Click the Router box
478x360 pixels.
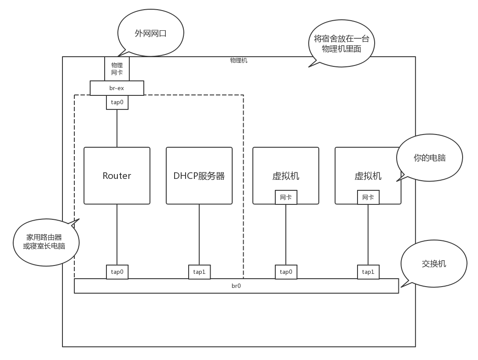[x=117, y=176]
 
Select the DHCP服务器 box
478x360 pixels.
[x=199, y=176]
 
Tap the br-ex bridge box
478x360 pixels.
[x=117, y=88]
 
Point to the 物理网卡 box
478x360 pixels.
[x=117, y=69]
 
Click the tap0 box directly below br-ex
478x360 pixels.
[x=117, y=102]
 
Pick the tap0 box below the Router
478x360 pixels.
[x=117, y=272]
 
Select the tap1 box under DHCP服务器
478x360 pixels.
[x=199, y=272]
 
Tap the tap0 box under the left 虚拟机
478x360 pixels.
[x=286, y=272]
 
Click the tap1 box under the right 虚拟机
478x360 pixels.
[x=368, y=272]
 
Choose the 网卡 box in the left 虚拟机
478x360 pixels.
[x=286, y=197]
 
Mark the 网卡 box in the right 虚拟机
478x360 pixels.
[x=368, y=197]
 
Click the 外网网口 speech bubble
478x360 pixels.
[x=151, y=33]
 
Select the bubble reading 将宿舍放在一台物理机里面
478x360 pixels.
[x=342, y=44]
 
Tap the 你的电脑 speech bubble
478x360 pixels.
[x=430, y=158]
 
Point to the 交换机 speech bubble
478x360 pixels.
[x=434, y=264]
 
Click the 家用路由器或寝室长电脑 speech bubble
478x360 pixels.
[x=46, y=242]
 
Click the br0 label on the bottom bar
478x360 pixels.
[x=236, y=286]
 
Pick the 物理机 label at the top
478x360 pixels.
[x=239, y=61]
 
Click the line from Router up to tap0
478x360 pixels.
[x=117, y=128]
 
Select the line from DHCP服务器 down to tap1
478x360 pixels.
[x=199, y=234]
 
